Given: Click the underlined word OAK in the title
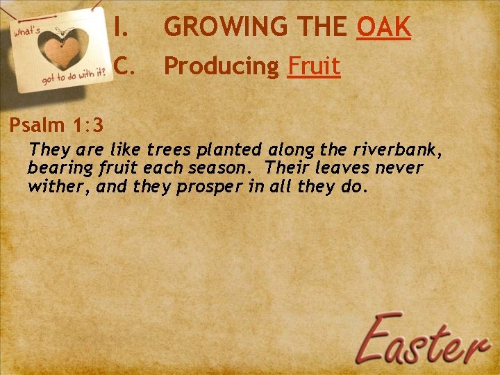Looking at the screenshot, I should click(x=384, y=28).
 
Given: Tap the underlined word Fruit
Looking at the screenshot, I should click(x=314, y=67).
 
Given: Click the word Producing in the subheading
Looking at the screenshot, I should click(x=221, y=67).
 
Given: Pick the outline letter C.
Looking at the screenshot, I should click(x=123, y=67).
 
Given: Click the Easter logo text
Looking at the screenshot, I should click(x=426, y=340).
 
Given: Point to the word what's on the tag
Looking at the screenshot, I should click(x=28, y=33).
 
